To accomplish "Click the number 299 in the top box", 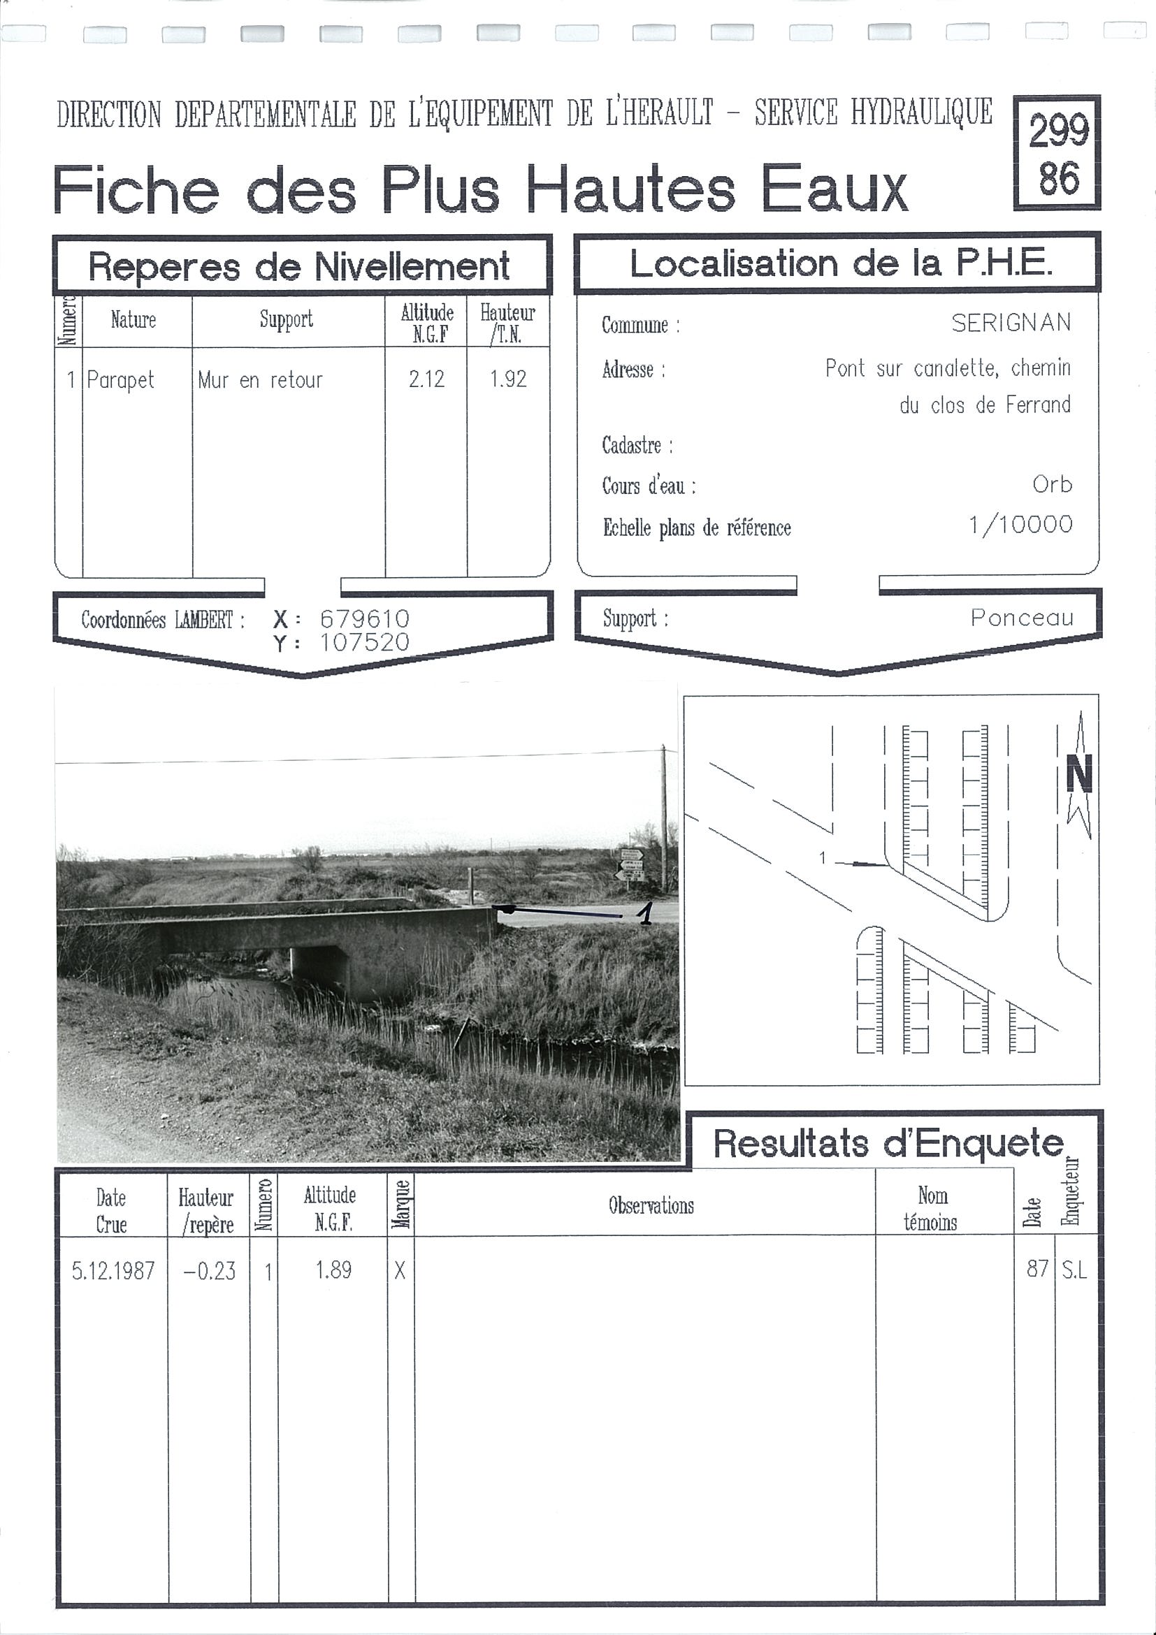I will (x=1057, y=131).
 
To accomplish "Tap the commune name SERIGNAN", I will (x=1011, y=324).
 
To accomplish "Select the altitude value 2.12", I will (x=426, y=379).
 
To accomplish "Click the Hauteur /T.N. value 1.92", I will (x=508, y=379).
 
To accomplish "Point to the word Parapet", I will (x=120, y=379).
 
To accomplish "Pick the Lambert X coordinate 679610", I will (x=365, y=618).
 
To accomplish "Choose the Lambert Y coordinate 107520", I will (x=365, y=642).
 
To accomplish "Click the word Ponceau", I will (x=1021, y=618).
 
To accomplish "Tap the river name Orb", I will (x=1052, y=484).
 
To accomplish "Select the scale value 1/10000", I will (x=1020, y=525).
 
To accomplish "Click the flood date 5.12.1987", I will (x=113, y=1270).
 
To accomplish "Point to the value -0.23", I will (x=210, y=1270).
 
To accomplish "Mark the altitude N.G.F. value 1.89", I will (x=333, y=1270).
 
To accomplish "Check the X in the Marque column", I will (x=400, y=1270).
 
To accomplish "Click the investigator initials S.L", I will (x=1074, y=1270).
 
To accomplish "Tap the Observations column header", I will (x=650, y=1205).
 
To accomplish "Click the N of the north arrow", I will (x=1079, y=774).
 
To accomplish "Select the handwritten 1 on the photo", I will (x=645, y=913).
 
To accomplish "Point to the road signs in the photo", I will (x=632, y=864).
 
